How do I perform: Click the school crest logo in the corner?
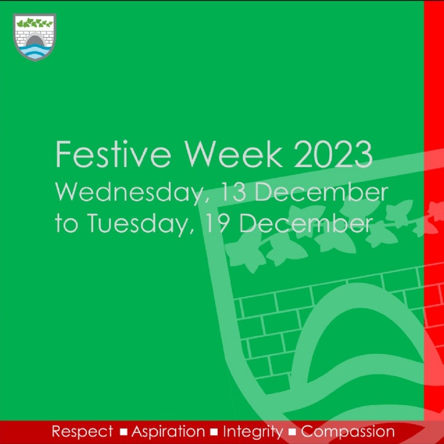(x=35, y=38)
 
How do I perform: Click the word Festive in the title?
(x=113, y=154)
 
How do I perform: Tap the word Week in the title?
(x=234, y=154)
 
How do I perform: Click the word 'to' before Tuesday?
(x=66, y=224)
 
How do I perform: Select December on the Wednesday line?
(x=321, y=192)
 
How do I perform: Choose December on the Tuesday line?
(x=306, y=223)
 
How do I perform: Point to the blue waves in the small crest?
(x=35, y=52)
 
